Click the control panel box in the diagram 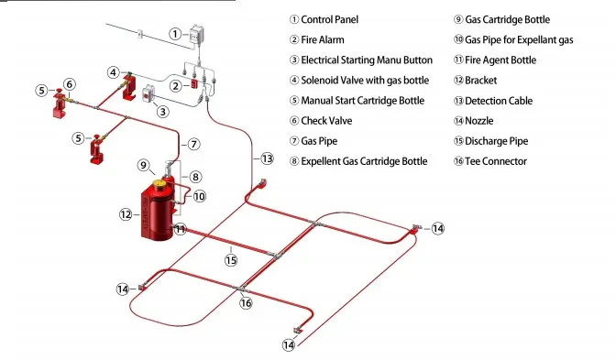pos(196,35)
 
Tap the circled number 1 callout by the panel pos(175,34)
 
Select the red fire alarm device pos(194,83)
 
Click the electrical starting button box pos(148,93)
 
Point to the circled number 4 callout pos(113,72)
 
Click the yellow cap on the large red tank pos(159,183)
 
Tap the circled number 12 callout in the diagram pos(126,214)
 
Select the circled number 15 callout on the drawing pos(231,260)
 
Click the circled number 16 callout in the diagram pos(246,302)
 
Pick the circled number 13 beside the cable pos(267,158)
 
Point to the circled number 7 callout pos(193,144)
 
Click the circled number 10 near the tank pos(200,196)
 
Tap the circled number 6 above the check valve pos(70,84)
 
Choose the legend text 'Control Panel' pos(330,19)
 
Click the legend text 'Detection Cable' pos(499,101)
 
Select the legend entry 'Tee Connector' pos(496,161)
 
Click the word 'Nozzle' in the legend pos(478,121)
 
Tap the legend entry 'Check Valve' pos(326,121)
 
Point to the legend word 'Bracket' pos(481,81)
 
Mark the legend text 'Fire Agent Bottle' pos(500,60)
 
